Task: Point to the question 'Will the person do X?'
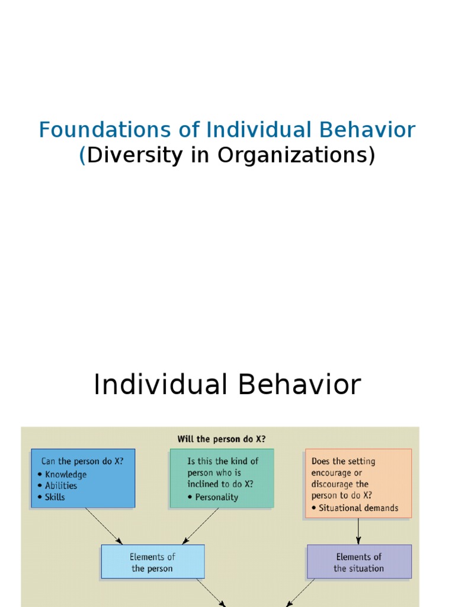click(x=222, y=439)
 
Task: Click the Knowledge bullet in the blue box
click(x=65, y=474)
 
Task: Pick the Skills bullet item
click(x=56, y=497)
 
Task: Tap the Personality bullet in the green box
click(x=216, y=497)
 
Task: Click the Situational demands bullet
click(x=358, y=508)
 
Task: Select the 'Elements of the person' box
click(x=152, y=562)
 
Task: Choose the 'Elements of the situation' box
click(x=358, y=562)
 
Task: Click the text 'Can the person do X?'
click(x=82, y=461)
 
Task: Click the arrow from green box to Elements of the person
click(x=201, y=526)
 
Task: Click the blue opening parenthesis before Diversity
click(x=82, y=155)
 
